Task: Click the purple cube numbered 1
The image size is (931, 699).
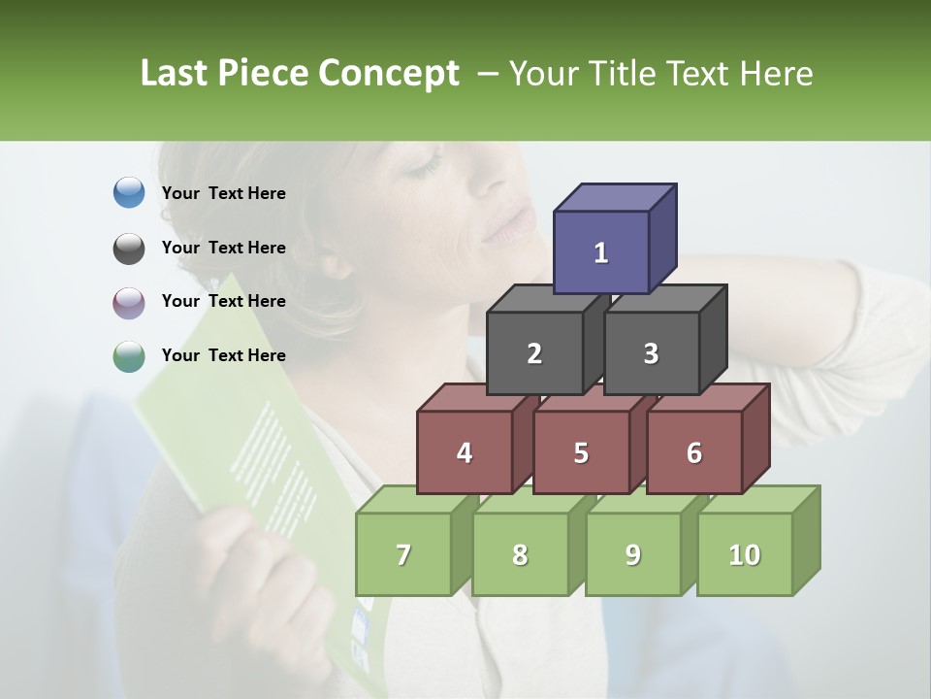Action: pos(601,252)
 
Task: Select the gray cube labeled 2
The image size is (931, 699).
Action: pos(534,353)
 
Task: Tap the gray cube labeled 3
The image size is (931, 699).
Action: pos(651,353)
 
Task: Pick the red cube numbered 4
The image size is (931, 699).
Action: pos(465,452)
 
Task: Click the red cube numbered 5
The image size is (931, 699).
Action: pos(581,452)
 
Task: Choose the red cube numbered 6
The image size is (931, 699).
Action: pos(694,452)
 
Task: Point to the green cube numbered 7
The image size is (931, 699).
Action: pos(403,554)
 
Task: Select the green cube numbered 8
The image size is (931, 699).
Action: pos(520,554)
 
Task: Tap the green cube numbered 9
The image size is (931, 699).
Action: pos(632,554)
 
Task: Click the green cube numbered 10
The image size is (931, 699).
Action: pos(744,554)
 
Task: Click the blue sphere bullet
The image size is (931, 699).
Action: pos(129,193)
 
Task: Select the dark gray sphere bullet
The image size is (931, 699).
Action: pos(129,248)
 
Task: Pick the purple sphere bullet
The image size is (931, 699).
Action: pos(129,302)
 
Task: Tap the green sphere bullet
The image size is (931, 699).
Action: pos(129,356)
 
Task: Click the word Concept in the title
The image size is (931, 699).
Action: pos(389,74)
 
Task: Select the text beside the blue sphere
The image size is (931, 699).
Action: pos(224,193)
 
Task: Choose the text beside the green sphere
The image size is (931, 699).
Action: pos(224,355)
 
